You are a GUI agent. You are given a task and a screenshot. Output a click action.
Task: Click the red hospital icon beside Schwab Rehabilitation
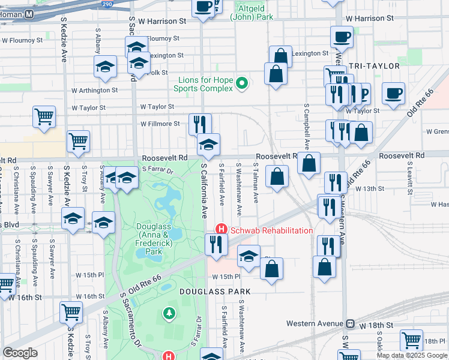(x=221, y=230)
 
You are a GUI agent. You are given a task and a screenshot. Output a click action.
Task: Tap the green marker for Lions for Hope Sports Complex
(x=242, y=83)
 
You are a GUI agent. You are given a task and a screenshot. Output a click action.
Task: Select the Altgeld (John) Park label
(x=252, y=13)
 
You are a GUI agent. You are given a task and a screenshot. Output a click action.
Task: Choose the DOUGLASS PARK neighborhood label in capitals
(x=214, y=291)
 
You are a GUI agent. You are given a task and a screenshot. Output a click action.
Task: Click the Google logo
(x=20, y=353)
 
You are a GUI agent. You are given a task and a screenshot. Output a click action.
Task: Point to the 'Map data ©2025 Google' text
(x=412, y=355)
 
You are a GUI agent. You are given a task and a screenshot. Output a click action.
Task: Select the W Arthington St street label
(x=92, y=91)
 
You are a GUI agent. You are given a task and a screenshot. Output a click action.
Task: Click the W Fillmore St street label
(x=160, y=124)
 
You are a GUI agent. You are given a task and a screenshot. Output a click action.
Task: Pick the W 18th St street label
(x=376, y=325)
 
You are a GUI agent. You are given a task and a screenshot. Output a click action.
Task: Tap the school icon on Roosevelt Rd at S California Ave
(x=208, y=144)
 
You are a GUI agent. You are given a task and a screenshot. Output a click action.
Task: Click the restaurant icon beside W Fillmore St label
(x=199, y=124)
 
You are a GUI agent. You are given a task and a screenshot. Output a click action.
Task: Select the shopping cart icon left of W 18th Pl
(x=411, y=340)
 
